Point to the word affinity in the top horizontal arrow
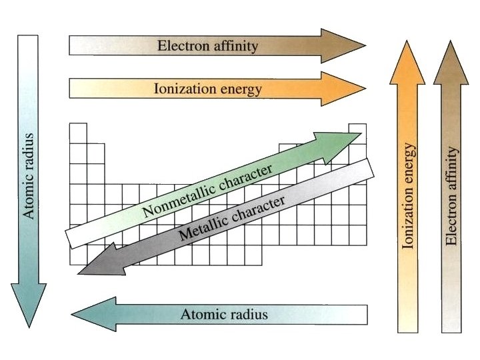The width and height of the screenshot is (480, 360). coord(233,46)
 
